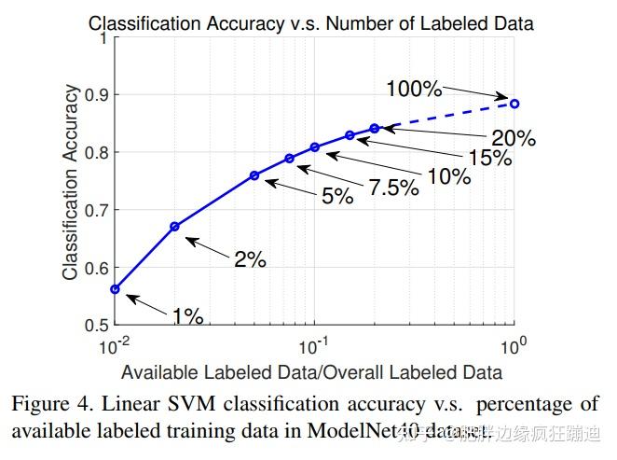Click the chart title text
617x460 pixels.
[x=311, y=21]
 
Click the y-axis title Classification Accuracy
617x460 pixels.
[x=71, y=182]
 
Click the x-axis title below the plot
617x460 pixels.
[x=311, y=371]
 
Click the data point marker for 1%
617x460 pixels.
[x=115, y=289]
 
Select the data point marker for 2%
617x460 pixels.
[x=174, y=226]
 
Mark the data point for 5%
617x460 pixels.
[x=254, y=175]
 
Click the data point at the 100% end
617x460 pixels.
[x=514, y=103]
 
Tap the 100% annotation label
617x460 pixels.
[x=414, y=90]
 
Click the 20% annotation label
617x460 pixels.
[x=513, y=139]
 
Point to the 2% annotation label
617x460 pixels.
[x=250, y=260]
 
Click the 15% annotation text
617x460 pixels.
[x=489, y=158]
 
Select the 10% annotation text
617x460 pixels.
[x=448, y=174]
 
